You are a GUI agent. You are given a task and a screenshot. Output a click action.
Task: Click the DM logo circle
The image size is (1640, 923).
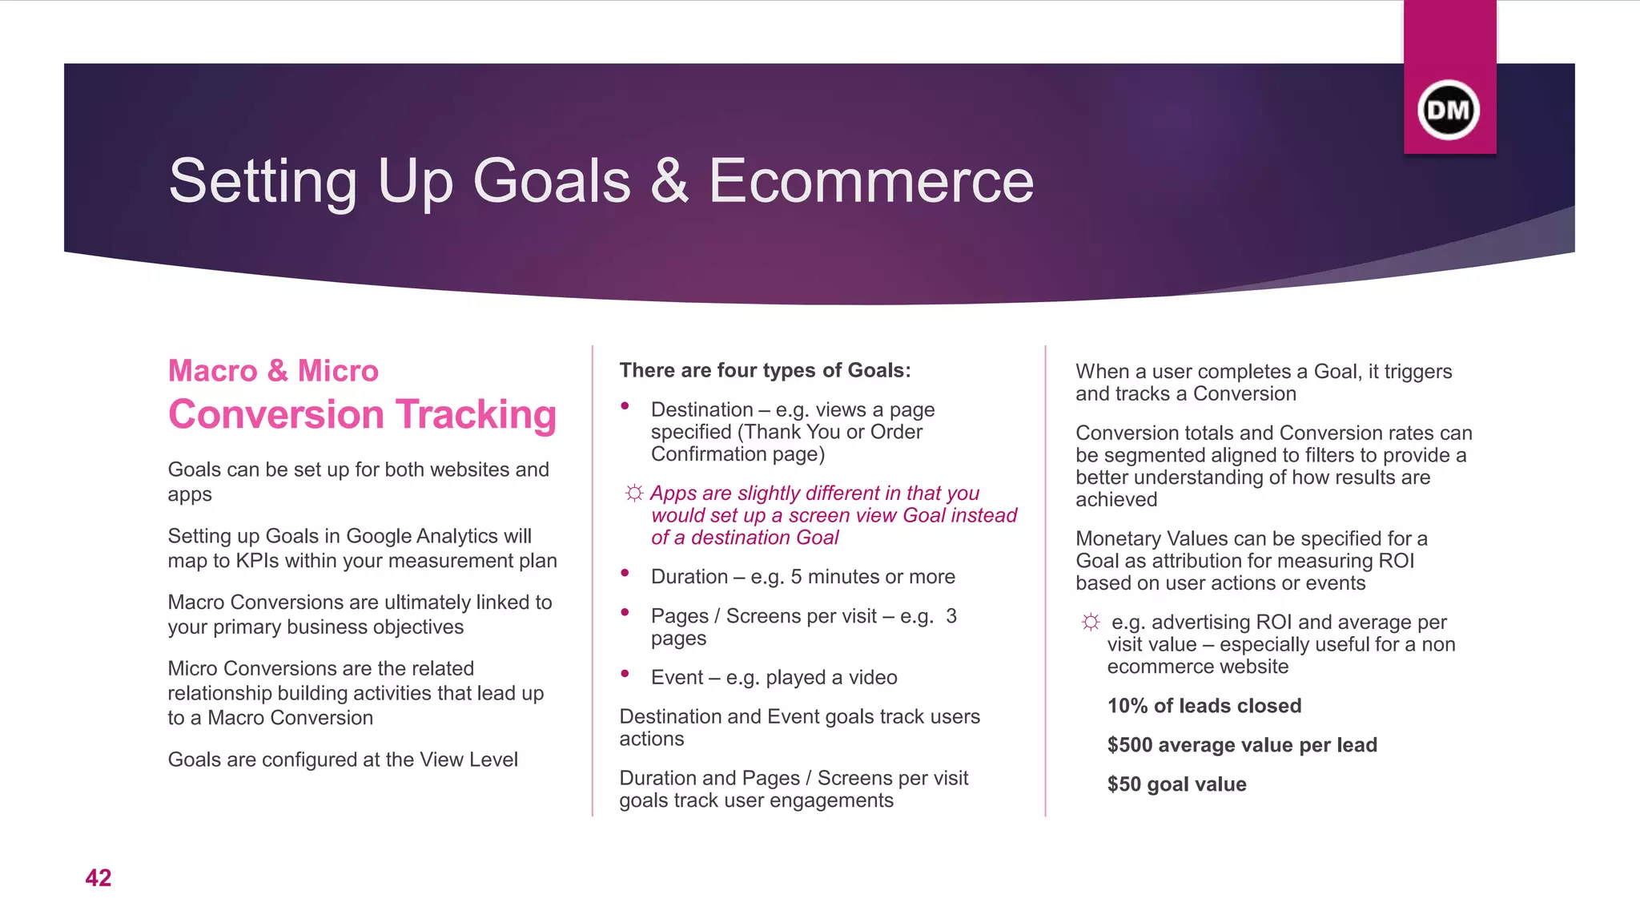click(x=1449, y=110)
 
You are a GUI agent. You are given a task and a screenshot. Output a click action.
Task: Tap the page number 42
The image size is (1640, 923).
click(x=98, y=878)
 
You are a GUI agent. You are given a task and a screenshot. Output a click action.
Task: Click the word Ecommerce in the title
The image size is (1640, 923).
click(x=870, y=181)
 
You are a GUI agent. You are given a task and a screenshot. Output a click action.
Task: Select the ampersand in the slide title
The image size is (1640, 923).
click(x=669, y=181)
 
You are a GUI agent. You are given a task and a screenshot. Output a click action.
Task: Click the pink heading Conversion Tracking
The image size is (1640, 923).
click(x=362, y=414)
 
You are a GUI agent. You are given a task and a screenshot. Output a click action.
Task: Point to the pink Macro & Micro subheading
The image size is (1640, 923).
click(x=273, y=371)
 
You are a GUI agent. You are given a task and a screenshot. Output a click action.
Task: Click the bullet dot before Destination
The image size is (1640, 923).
click(x=625, y=406)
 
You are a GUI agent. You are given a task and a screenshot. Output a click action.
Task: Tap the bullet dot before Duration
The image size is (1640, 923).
click(x=625, y=573)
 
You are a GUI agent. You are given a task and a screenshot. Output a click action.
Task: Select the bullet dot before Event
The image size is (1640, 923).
click(x=625, y=674)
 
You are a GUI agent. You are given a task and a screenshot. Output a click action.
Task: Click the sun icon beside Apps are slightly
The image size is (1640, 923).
click(x=633, y=493)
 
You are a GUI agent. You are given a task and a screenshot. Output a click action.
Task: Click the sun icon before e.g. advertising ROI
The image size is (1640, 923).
click(x=1091, y=622)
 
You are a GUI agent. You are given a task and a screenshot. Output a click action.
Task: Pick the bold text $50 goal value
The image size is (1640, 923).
click(x=1176, y=784)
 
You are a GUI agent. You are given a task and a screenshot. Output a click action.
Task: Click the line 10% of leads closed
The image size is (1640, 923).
click(x=1204, y=706)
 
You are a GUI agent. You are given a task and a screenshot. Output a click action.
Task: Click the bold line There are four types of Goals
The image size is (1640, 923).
click(x=765, y=371)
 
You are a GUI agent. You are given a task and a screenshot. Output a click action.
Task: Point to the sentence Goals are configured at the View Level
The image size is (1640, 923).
click(x=343, y=760)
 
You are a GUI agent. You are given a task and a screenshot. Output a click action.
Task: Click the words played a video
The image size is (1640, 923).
click(x=831, y=678)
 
